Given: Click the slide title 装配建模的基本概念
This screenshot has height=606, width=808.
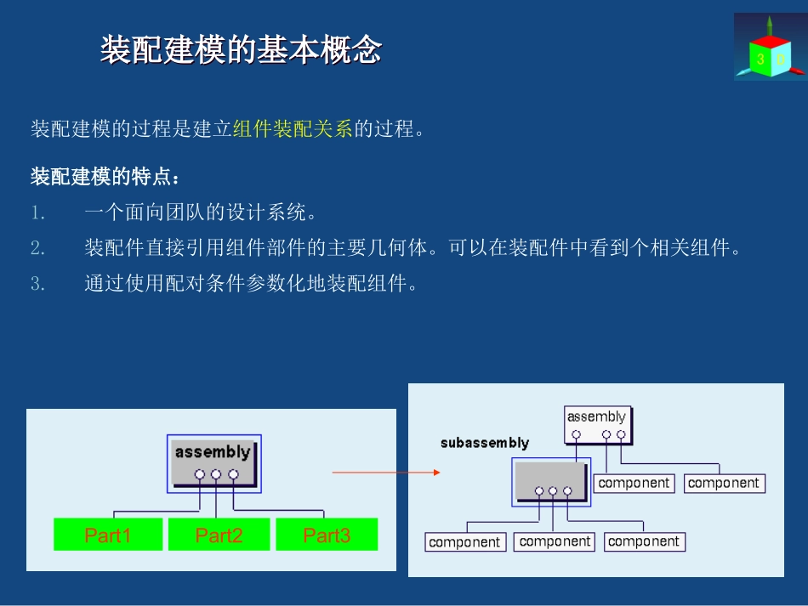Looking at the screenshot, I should click(241, 50).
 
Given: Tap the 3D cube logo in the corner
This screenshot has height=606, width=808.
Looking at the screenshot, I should click(769, 48).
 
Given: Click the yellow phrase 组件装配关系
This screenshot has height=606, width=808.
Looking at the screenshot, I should click(293, 129).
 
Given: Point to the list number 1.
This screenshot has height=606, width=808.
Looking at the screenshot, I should click(37, 212).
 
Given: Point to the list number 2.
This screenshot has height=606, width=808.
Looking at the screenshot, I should click(37, 248).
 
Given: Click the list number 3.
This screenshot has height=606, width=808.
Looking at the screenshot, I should click(37, 284).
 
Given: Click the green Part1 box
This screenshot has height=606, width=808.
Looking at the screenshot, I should click(107, 535).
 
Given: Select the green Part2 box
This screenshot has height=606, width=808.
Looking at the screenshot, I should click(219, 535).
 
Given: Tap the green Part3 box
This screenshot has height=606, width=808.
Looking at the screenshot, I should click(327, 535).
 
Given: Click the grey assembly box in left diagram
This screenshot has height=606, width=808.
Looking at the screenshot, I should click(213, 462).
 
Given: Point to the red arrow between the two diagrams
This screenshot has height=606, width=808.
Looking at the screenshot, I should click(386, 472).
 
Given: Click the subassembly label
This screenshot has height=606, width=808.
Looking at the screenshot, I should click(484, 443).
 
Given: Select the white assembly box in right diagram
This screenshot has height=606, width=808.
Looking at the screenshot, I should click(597, 423).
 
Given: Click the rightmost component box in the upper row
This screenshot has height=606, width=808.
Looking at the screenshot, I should click(724, 483).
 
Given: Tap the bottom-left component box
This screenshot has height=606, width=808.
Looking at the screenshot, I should click(464, 541).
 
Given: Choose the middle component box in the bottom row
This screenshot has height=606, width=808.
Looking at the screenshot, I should click(554, 541).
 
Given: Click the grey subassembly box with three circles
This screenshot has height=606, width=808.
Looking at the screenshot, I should click(551, 481).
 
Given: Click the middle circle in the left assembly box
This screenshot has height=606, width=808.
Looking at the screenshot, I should click(216, 474).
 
